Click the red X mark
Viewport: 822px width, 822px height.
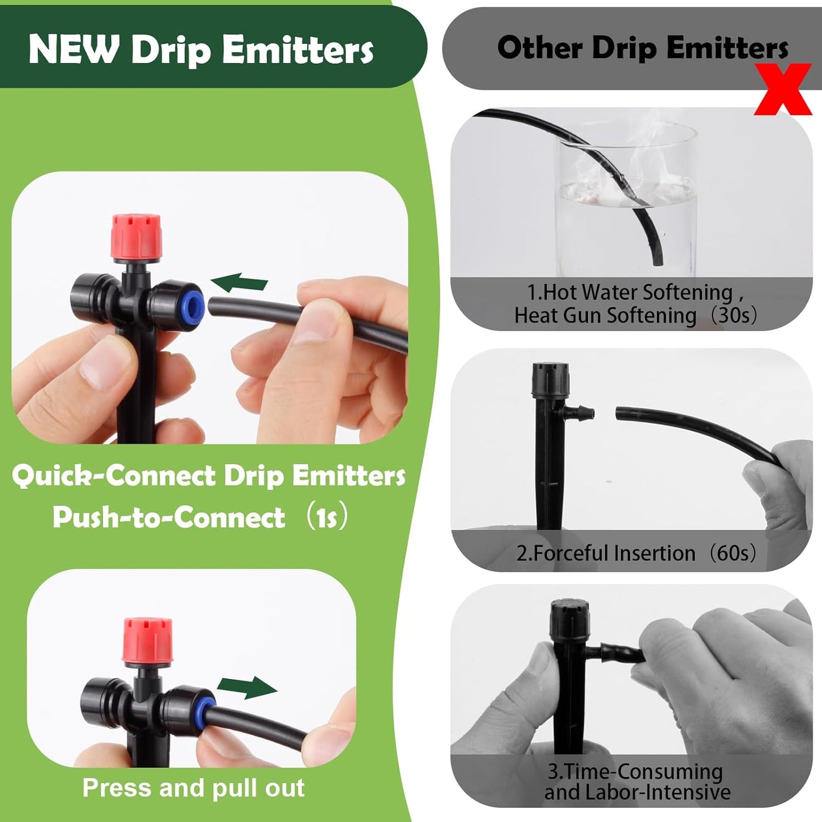783,89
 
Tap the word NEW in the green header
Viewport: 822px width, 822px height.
73,49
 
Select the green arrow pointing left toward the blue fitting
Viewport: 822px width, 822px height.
239,282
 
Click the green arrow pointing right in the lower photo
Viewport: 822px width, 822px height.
248,687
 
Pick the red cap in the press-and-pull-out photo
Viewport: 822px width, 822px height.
148,640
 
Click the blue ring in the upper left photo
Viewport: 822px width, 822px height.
193,305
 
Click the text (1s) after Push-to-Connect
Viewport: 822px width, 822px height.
327,517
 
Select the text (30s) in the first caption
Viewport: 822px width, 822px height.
734,315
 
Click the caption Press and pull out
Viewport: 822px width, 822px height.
193,788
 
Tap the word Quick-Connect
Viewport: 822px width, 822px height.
114,476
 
